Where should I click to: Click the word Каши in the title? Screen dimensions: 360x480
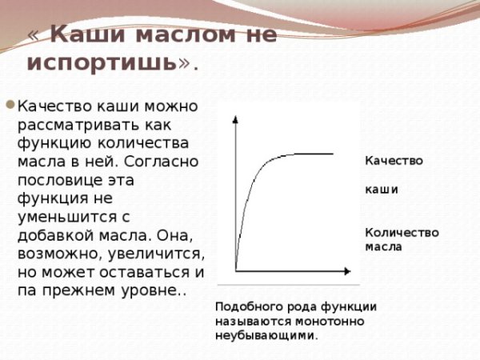pos(87,34)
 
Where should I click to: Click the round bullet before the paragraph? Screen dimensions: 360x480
pos(9,104)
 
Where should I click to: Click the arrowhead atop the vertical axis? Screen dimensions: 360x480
pos(236,119)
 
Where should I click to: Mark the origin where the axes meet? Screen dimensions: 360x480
pos(236,270)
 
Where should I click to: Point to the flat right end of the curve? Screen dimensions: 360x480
pos(330,154)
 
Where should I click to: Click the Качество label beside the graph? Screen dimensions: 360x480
pos(394,160)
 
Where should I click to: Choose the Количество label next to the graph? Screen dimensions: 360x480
pos(402,232)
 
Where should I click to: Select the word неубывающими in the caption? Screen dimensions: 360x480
pos(266,335)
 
